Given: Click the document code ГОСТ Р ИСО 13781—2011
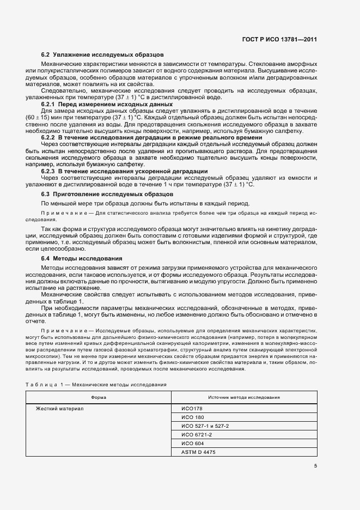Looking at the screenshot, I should pos(279,39).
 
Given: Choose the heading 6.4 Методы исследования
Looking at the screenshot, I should pos(82,258).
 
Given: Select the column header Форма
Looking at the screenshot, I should pos(99,397).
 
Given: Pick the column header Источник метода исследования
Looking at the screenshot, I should pos(244,397).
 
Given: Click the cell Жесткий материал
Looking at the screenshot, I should pos(60,408).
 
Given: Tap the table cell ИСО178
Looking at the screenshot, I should pos(191,408).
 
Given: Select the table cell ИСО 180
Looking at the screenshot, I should pos(192,417).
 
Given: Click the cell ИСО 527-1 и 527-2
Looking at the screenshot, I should pos(205,426).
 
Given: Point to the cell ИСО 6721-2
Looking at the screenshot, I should pos(197,434).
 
